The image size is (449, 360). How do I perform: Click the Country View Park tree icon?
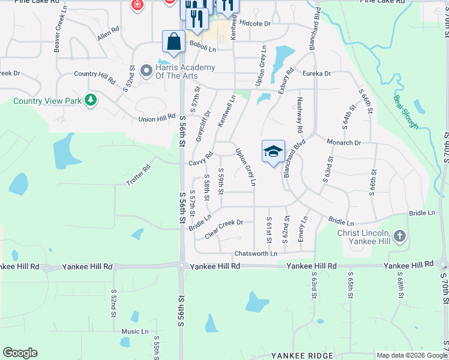[x=91, y=100]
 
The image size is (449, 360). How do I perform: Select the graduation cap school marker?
[x=273, y=151]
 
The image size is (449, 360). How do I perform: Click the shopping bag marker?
[x=173, y=42]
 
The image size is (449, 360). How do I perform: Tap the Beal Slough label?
[x=406, y=112]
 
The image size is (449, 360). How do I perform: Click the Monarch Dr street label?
[x=343, y=143]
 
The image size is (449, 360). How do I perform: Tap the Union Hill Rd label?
[x=157, y=119]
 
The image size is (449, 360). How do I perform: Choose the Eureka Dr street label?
[x=316, y=73]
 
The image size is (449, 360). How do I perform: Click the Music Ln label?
[x=134, y=331]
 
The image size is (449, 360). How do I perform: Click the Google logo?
[x=20, y=353]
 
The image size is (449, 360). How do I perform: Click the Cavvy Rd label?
[x=200, y=160]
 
